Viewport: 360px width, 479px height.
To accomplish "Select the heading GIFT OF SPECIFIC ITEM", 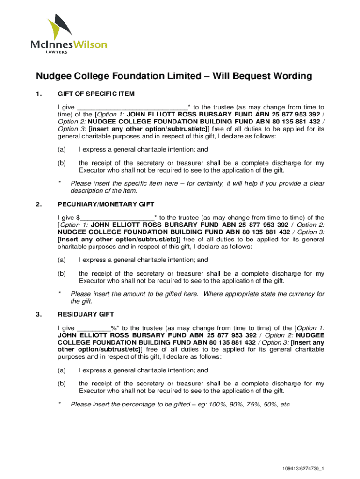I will click(96, 94).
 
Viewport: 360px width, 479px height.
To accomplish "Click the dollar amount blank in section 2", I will click(117, 217).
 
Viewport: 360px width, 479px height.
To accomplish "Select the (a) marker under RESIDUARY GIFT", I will click(61, 370).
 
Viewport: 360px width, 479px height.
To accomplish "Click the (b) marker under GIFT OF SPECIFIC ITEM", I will click(61, 163).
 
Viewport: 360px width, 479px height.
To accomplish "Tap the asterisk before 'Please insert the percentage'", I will click(59, 404).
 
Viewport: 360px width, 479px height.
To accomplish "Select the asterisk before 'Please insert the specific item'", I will click(59, 183).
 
